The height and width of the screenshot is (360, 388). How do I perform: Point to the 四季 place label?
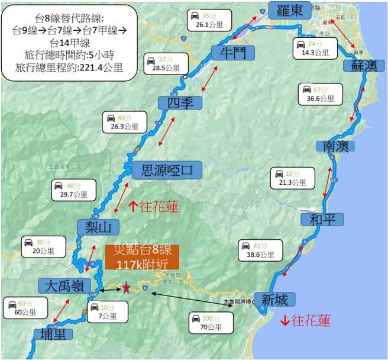[x=180, y=102]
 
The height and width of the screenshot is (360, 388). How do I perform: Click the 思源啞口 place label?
[x=166, y=171]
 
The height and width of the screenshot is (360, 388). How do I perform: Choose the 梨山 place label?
[x=98, y=227]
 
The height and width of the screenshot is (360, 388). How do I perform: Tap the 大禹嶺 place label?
[x=65, y=286]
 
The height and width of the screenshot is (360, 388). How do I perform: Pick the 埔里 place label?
[x=53, y=333]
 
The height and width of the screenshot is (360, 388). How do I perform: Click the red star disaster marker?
[x=126, y=288]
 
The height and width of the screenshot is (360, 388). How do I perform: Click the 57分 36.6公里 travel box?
[x=319, y=94]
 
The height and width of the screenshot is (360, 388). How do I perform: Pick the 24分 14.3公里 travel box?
[x=313, y=48]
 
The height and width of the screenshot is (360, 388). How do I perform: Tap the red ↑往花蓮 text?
[x=153, y=207]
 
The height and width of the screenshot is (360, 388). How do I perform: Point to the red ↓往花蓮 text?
[x=305, y=322]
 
